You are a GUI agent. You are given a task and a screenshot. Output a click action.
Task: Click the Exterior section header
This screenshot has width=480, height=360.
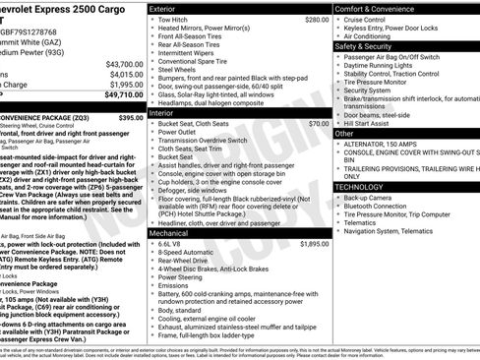[168, 8]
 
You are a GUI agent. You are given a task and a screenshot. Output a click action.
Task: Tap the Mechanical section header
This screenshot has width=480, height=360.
[175, 233]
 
